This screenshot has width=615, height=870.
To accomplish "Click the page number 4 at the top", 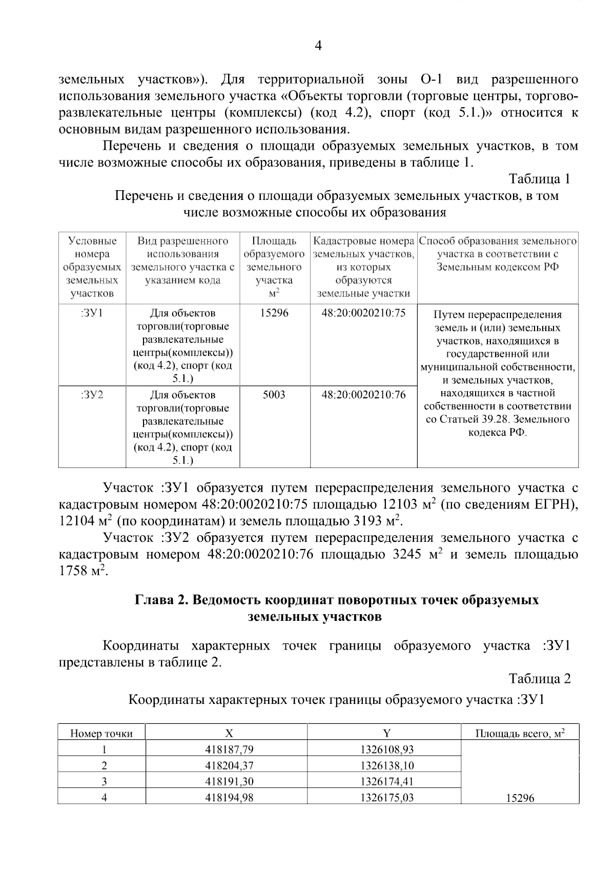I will pyautogui.click(x=318, y=46).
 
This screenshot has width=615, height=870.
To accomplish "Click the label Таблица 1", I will pyautogui.click(x=539, y=179).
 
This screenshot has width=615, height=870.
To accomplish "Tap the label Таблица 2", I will pyautogui.click(x=539, y=679).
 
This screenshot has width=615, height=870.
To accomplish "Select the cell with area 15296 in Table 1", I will pyautogui.click(x=274, y=313).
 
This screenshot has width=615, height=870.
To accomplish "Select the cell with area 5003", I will pyautogui.click(x=274, y=395).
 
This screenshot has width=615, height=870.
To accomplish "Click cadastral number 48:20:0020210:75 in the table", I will pyautogui.click(x=363, y=313).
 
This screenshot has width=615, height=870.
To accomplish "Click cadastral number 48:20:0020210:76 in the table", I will pyautogui.click(x=363, y=395).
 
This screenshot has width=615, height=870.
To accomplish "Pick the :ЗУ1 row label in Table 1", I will pyautogui.click(x=92, y=313).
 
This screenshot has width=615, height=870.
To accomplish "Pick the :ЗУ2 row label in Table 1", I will pyautogui.click(x=92, y=395).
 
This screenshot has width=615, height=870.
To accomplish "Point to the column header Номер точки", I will pyautogui.click(x=101, y=734).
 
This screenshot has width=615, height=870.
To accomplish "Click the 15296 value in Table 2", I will pyautogui.click(x=520, y=799).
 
